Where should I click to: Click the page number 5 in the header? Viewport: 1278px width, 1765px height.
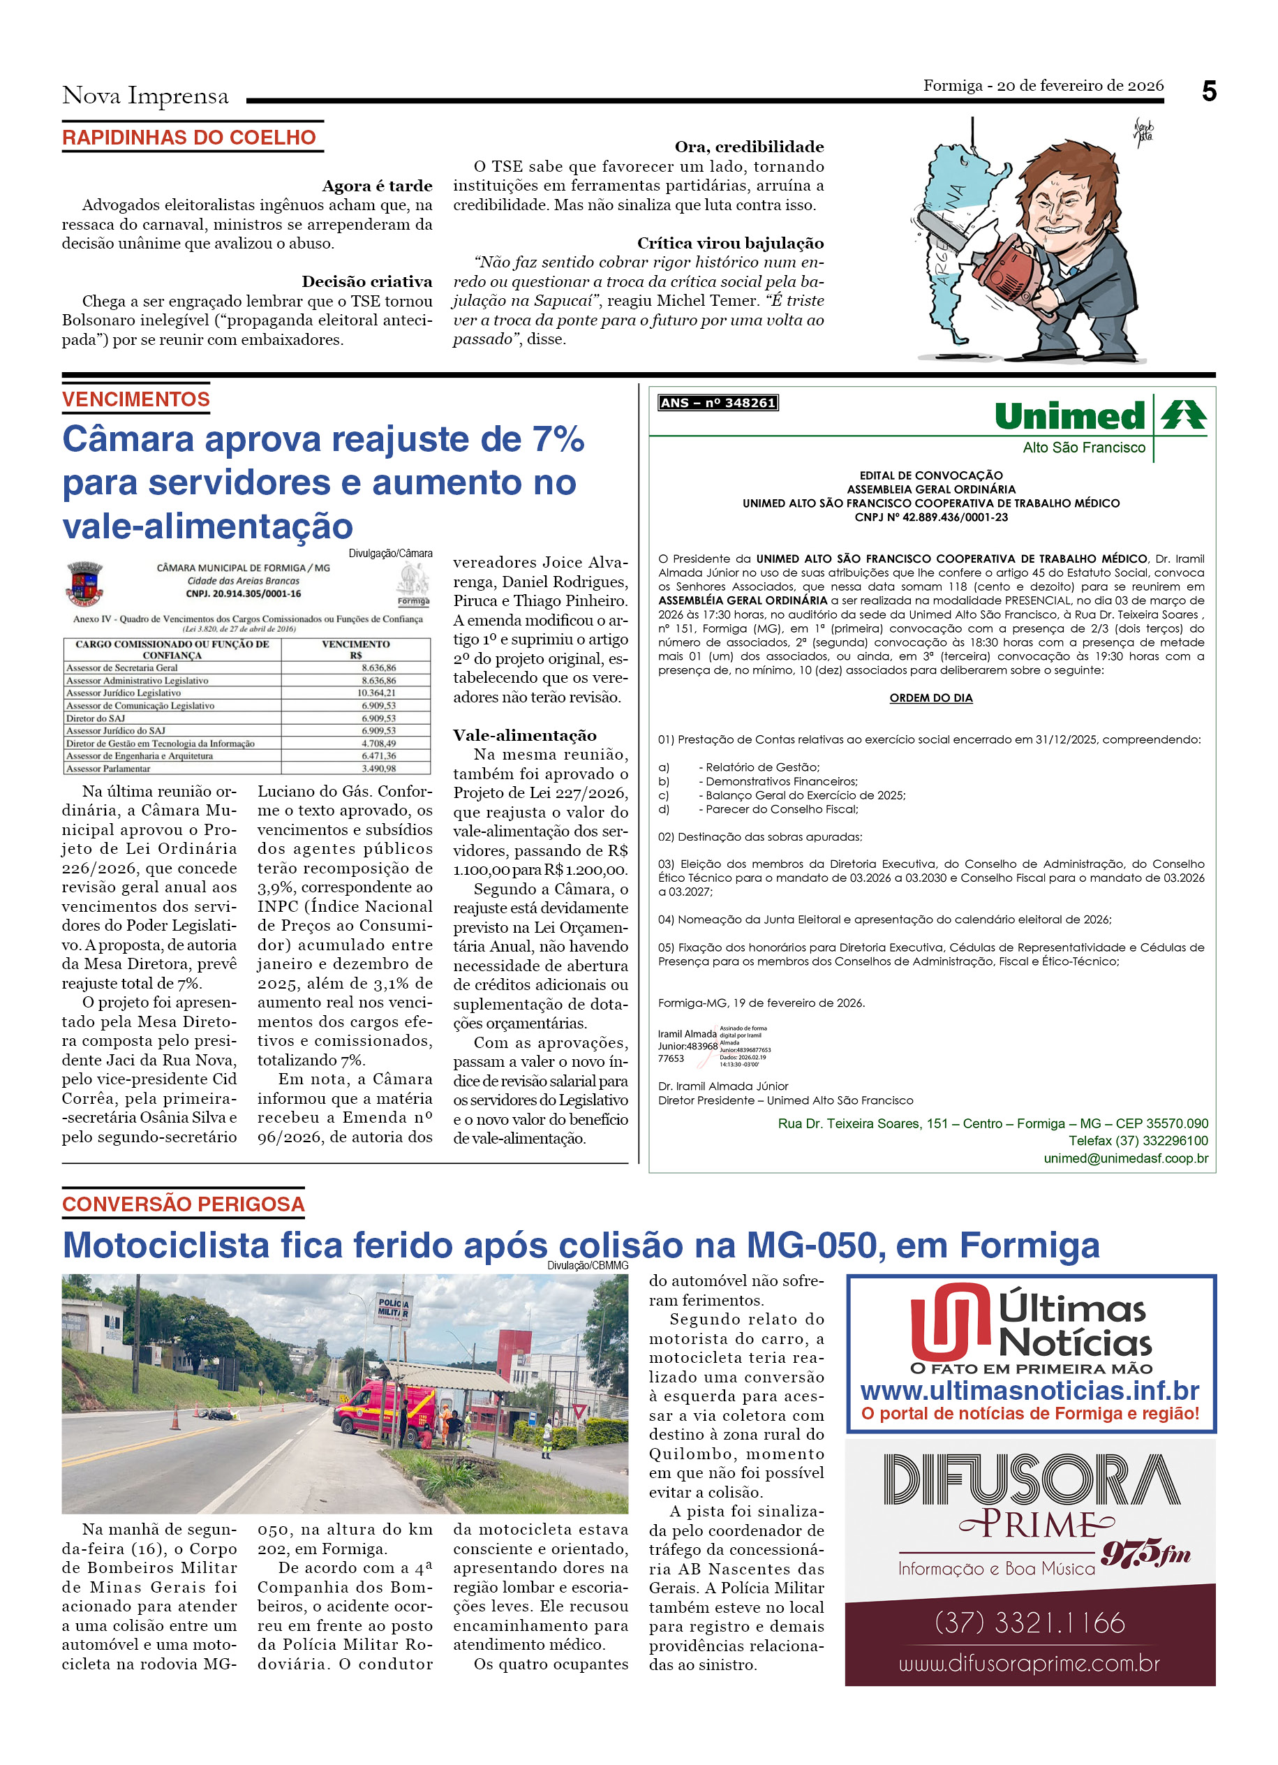click(1208, 92)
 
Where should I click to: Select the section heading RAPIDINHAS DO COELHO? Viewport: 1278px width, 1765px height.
click(189, 138)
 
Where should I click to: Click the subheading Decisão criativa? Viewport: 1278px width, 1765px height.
click(366, 281)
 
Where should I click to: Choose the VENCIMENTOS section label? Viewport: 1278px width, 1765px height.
click(136, 399)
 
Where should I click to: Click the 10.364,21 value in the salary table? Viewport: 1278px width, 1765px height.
click(376, 693)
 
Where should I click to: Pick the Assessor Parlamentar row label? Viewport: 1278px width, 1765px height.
click(108, 768)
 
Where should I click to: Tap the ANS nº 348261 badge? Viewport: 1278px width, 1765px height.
click(717, 402)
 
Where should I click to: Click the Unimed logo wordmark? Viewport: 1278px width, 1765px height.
click(1069, 416)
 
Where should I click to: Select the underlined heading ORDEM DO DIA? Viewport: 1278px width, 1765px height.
click(930, 698)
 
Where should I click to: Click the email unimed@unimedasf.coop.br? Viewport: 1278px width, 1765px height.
click(1126, 1158)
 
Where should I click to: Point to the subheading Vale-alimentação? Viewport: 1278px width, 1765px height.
click(524, 735)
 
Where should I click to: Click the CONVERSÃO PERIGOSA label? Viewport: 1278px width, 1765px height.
click(184, 1204)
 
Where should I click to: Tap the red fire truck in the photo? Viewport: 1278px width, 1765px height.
click(385, 1405)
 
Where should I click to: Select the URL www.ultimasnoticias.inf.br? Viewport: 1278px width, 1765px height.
click(1030, 1390)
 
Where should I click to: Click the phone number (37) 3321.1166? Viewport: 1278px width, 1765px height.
click(1030, 1623)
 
